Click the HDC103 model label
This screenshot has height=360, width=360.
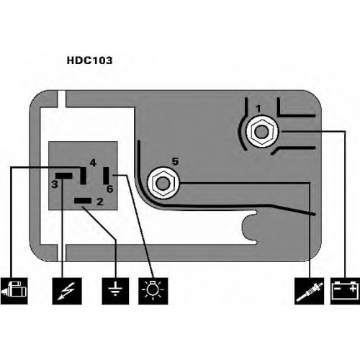89,60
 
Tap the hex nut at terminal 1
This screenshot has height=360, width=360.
261,132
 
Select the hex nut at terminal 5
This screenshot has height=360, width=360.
163,184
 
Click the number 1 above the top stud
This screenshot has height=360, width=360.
258,109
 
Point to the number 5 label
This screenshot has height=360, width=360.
176,161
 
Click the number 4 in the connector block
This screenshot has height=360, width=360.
93,163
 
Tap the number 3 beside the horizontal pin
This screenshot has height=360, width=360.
55,184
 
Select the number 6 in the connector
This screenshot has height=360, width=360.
110,189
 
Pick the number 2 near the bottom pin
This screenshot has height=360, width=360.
100,202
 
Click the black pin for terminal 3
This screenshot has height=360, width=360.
64,176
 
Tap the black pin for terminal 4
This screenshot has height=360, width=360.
83,176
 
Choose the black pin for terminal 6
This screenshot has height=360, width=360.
106,176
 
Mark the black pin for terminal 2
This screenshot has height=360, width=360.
83,201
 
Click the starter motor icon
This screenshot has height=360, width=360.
14,291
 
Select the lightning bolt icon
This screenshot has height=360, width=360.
67,291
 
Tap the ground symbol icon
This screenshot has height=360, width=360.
115,291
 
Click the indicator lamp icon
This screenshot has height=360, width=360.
153,291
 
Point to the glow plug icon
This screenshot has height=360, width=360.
310,291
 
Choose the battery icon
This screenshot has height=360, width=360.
345,291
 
